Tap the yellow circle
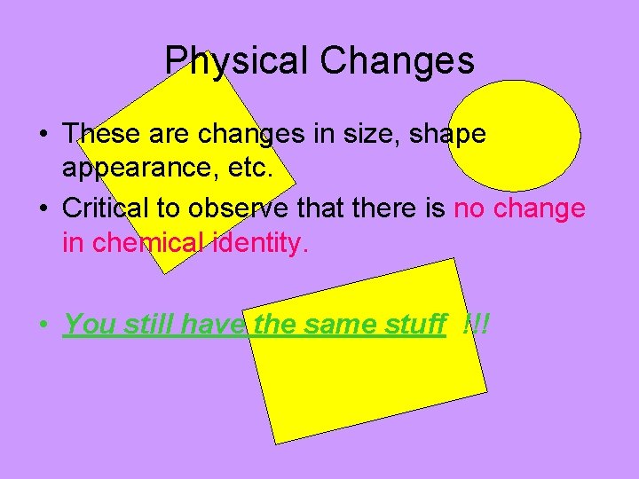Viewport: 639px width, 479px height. coord(514,136)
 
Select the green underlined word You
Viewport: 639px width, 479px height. coord(91,324)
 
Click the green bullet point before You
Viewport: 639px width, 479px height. coord(43,325)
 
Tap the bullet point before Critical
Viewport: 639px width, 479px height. coord(43,209)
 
